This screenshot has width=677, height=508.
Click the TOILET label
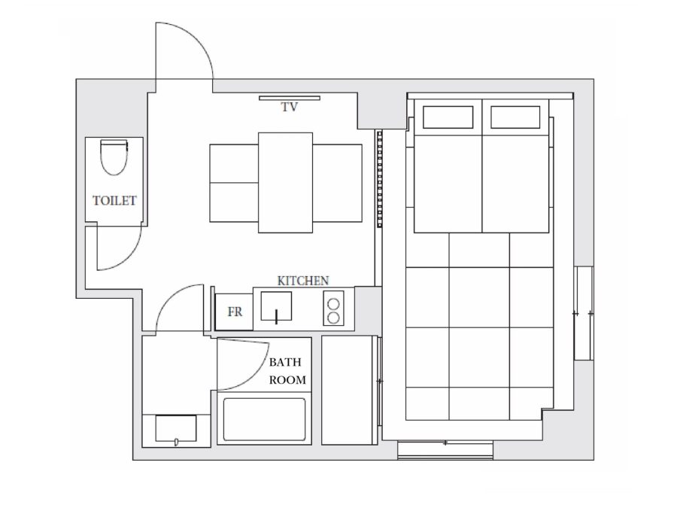pyautogui.click(x=114, y=201)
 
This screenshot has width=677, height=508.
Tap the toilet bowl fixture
pyautogui.click(x=114, y=157)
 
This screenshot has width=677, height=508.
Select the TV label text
pyautogui.click(x=290, y=107)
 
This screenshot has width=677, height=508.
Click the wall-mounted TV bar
pyautogui.click(x=290, y=98)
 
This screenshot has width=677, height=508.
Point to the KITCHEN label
pyautogui.click(x=303, y=281)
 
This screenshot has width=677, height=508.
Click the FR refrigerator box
pyautogui.click(x=234, y=312)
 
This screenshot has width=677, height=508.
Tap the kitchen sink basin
pyautogui.click(x=276, y=307)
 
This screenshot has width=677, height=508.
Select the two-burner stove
pyautogui.click(x=333, y=308)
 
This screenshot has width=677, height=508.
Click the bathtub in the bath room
pyautogui.click(x=264, y=420)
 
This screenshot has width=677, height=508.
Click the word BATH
pyautogui.click(x=285, y=362)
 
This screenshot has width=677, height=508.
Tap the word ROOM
pyautogui.click(x=287, y=380)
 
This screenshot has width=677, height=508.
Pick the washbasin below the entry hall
pyautogui.click(x=176, y=428)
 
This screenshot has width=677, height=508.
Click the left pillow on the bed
pyautogui.click(x=448, y=117)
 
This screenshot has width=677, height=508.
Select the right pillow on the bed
pyautogui.click(x=515, y=117)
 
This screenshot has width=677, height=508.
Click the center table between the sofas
pyautogui.click(x=285, y=183)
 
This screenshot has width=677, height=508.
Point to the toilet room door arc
pyautogui.click(x=129, y=257)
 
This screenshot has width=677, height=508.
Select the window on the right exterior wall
pyautogui.click(x=583, y=313)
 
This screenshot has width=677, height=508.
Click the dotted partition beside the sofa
pyautogui.click(x=380, y=179)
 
